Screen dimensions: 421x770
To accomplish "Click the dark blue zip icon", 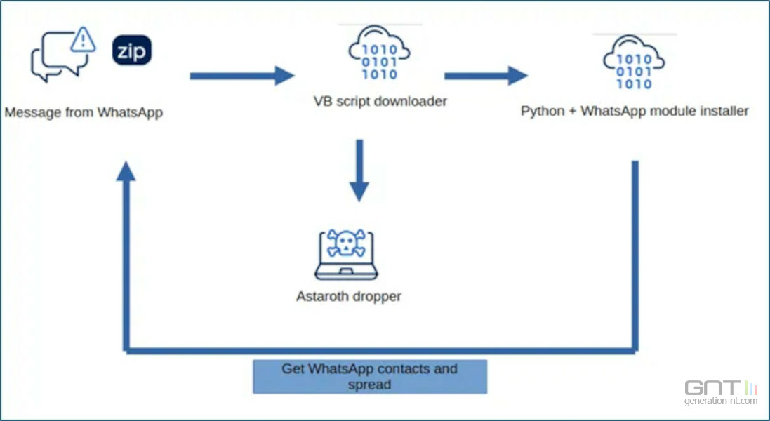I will (132, 50).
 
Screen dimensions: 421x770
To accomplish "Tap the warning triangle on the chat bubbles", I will (83, 39).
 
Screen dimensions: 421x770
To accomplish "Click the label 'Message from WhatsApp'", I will (84, 112).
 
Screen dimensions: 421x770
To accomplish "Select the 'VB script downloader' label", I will (380, 101).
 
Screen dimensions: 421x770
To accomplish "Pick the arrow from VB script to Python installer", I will (485, 75).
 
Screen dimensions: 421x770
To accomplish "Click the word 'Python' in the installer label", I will (541, 111).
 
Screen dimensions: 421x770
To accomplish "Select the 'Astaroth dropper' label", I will (349, 296).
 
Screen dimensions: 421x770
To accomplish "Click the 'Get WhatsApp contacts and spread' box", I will (369, 376).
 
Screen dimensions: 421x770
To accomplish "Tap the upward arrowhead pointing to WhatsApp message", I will (126, 171).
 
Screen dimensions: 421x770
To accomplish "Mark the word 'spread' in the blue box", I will (369, 384).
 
